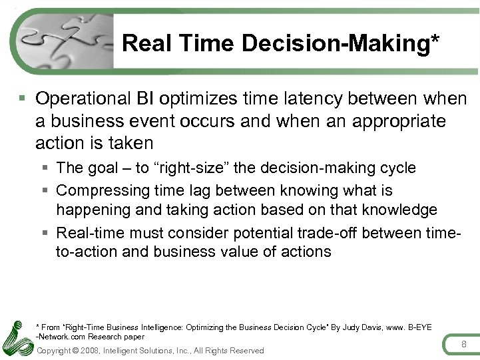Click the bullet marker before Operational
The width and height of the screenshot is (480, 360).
[x=23, y=99]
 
